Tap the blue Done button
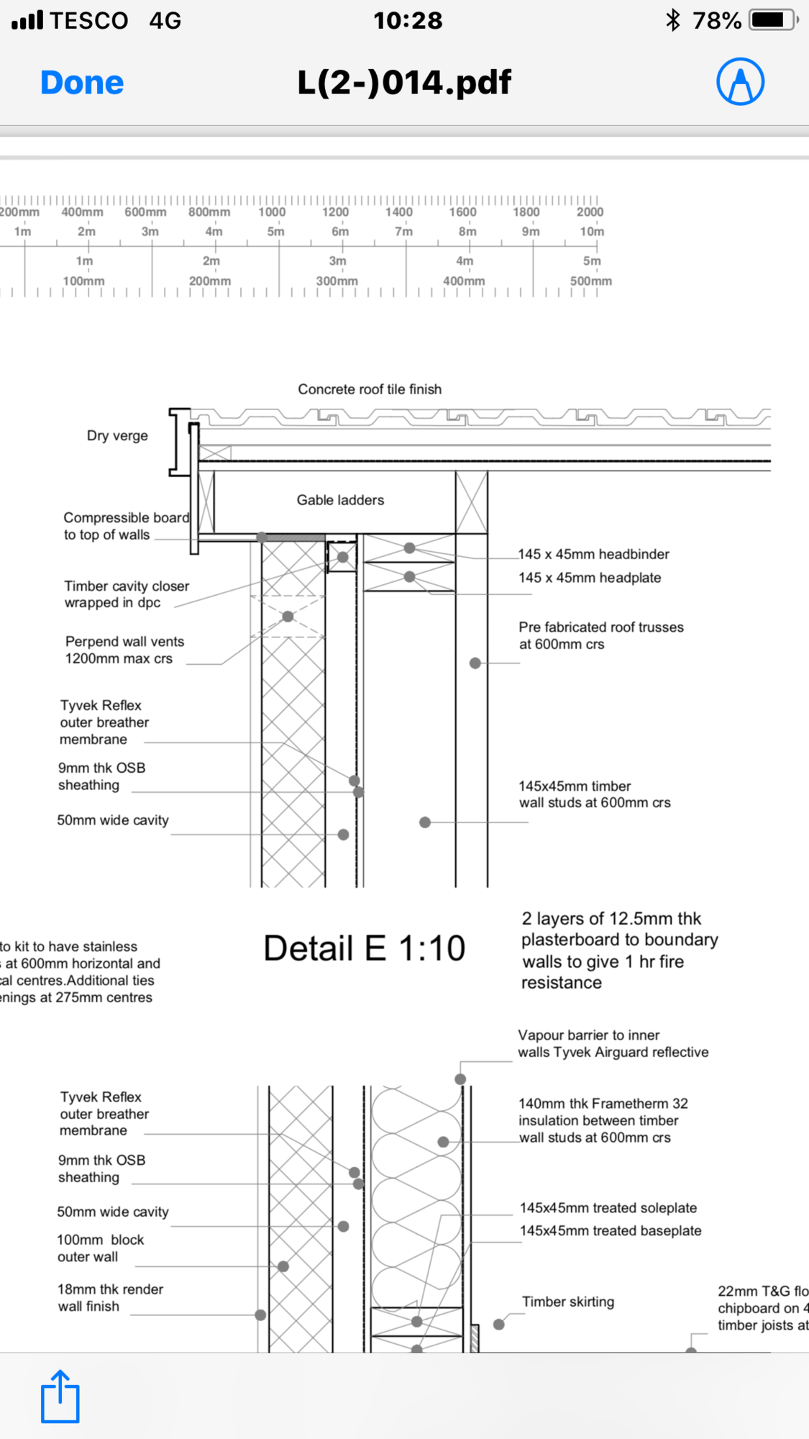click(x=82, y=83)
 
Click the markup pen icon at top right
click(x=740, y=82)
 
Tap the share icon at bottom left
click(x=60, y=1397)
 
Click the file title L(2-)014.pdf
click(x=404, y=83)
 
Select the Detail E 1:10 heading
click(x=364, y=948)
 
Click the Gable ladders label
click(x=340, y=500)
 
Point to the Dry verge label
click(x=117, y=436)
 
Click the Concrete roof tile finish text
click(x=370, y=389)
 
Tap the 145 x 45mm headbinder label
click(x=594, y=554)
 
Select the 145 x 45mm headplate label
click(x=590, y=578)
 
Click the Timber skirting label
click(x=568, y=1302)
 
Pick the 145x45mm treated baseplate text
click(x=611, y=1231)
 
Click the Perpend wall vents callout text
click(x=124, y=650)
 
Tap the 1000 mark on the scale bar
click(x=272, y=212)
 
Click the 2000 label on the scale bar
click(x=590, y=212)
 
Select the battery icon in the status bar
click(x=773, y=20)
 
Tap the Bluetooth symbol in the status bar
click(x=673, y=20)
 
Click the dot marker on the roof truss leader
click(x=475, y=663)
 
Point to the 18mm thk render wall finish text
click(x=110, y=1298)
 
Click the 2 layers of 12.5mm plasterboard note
click(x=619, y=950)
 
